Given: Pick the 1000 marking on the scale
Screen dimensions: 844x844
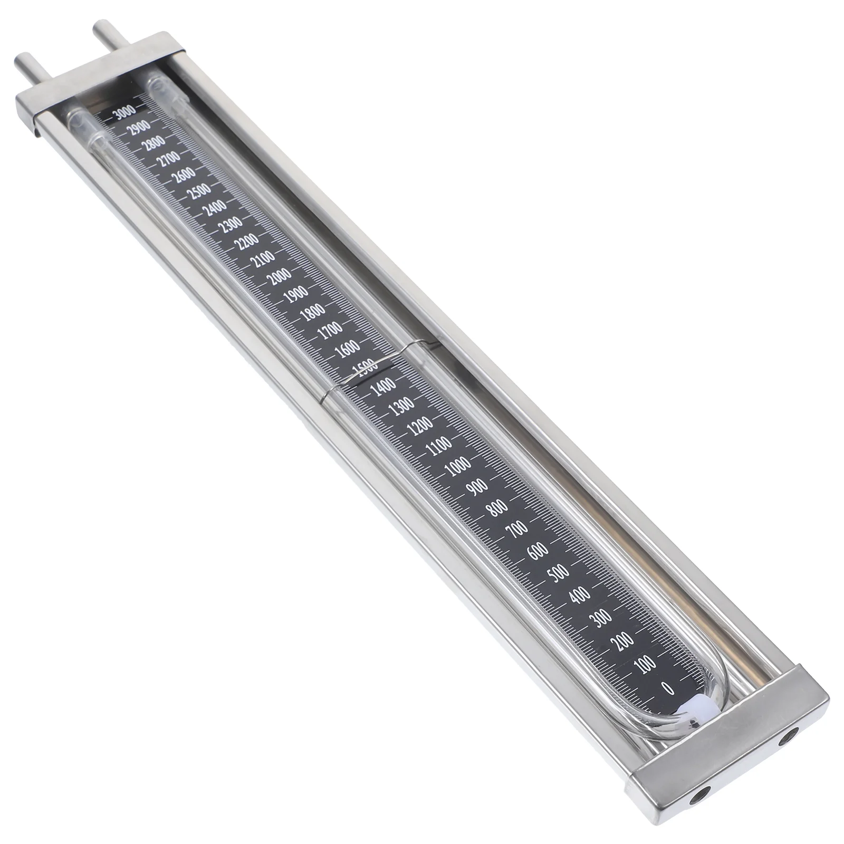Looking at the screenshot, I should (x=457, y=466).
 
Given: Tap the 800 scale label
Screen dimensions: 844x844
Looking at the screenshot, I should (x=497, y=509).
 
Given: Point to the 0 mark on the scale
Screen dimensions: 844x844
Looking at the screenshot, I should (x=668, y=688).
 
